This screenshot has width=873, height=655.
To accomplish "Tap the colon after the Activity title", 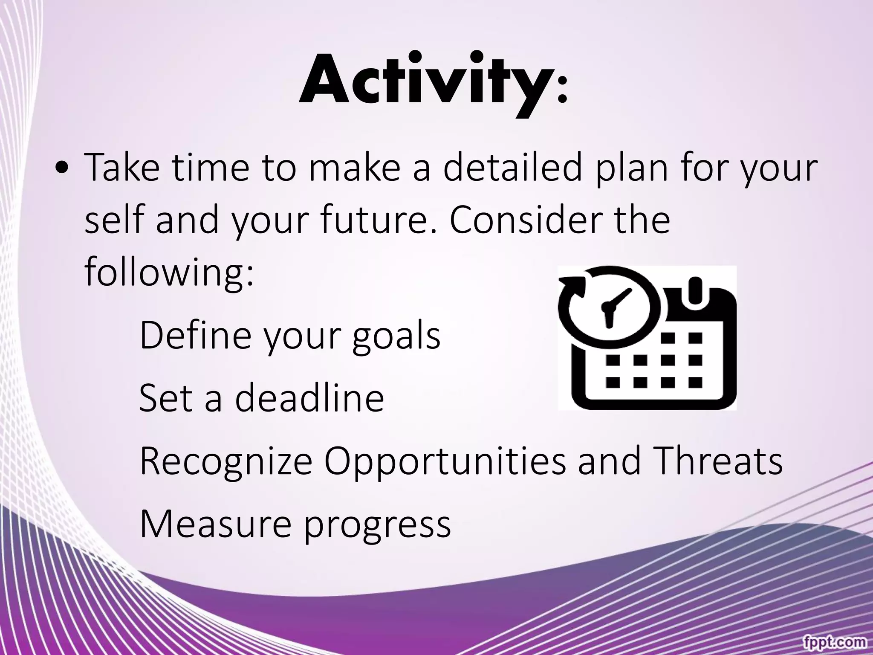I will coord(562,88).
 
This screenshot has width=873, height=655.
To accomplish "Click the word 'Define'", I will coord(195,335).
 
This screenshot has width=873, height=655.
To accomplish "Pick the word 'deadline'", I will coord(309,397).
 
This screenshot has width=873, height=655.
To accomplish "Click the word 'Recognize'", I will coord(226,461).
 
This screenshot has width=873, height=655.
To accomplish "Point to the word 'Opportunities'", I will coord(445,462).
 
